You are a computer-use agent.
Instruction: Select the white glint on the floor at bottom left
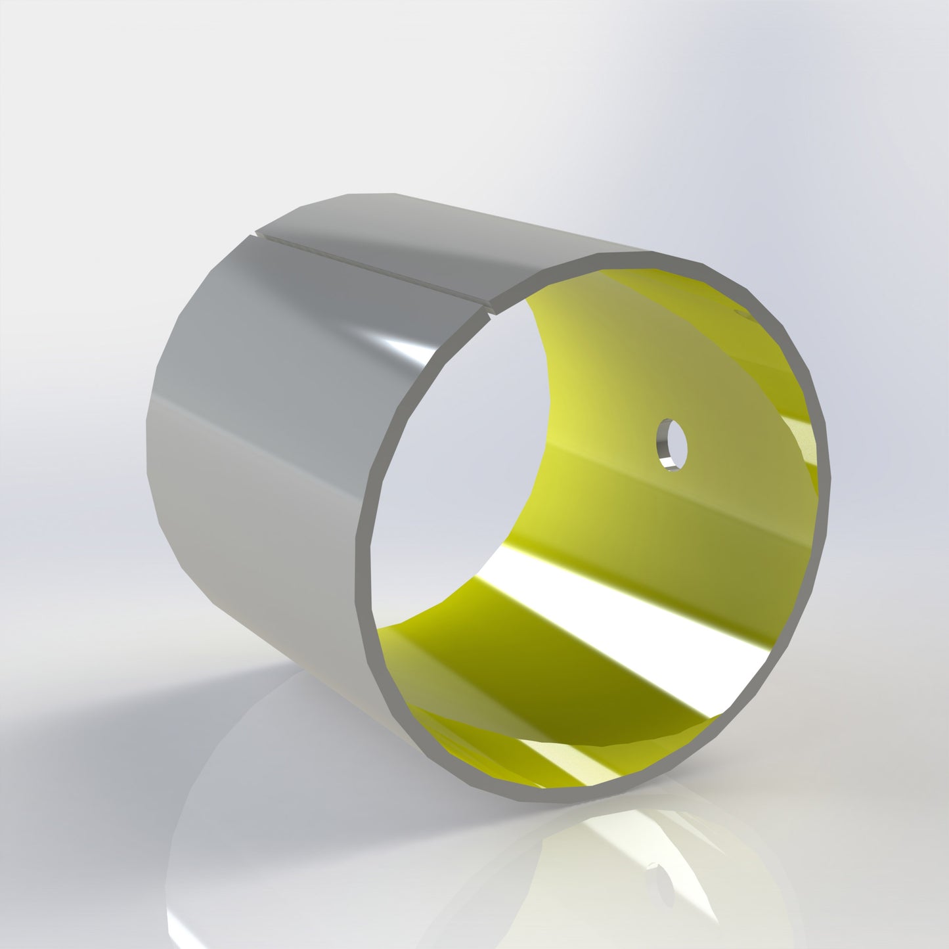pos(177,919)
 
